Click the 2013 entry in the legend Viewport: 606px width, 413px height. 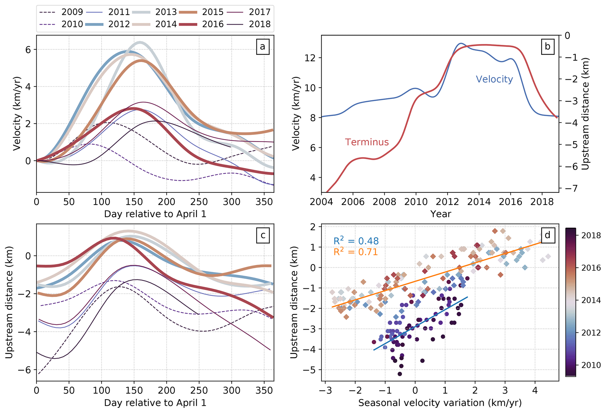click(166, 12)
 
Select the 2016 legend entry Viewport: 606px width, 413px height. click(213, 24)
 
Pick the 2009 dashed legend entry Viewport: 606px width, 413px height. click(72, 12)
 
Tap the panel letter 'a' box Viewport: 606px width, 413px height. click(262, 47)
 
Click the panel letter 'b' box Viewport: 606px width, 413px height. click(547, 47)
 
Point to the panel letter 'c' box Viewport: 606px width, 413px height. click(262, 235)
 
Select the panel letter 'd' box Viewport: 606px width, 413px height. click(547, 235)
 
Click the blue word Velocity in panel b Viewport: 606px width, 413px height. click(494, 79)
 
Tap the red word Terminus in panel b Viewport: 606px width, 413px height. click(367, 142)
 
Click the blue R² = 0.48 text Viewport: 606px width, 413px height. click(356, 241)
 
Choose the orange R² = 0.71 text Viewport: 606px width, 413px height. click(355, 252)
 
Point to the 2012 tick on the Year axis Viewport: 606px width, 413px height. click(447, 202)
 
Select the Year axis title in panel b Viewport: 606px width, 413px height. click(440, 214)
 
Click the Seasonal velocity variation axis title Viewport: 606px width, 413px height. click(440, 403)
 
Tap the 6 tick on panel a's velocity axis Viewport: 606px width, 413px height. click(28, 50)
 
